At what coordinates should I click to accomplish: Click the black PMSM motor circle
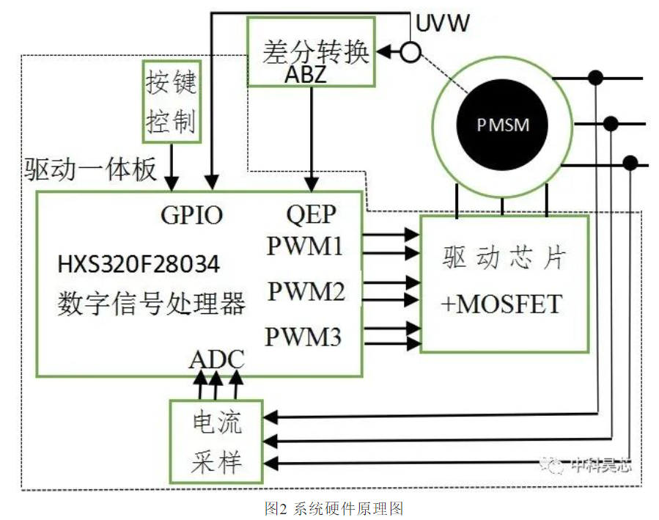[502, 125]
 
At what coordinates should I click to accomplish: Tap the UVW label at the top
[442, 23]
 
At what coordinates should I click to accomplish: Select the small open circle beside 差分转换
[410, 53]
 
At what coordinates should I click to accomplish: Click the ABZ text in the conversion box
[306, 76]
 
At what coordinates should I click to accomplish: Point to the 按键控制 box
[172, 102]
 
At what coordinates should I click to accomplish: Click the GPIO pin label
[191, 215]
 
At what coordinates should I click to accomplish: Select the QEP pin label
[311, 214]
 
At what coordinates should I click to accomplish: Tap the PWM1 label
[305, 246]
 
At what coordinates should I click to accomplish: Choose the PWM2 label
[306, 291]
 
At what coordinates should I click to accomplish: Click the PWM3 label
[303, 337]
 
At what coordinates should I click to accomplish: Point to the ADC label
[217, 359]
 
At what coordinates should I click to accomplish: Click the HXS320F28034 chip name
[139, 265]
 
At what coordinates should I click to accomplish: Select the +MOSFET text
[501, 304]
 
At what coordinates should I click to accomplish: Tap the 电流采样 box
[216, 442]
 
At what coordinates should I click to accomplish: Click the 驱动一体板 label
[90, 169]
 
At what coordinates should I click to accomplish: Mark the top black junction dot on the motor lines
[595, 78]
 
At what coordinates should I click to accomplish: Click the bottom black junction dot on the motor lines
[630, 163]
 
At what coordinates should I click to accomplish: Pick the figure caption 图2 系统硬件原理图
[334, 509]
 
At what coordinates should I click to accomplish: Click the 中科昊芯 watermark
[586, 465]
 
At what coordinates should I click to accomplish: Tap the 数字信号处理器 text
[151, 304]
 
